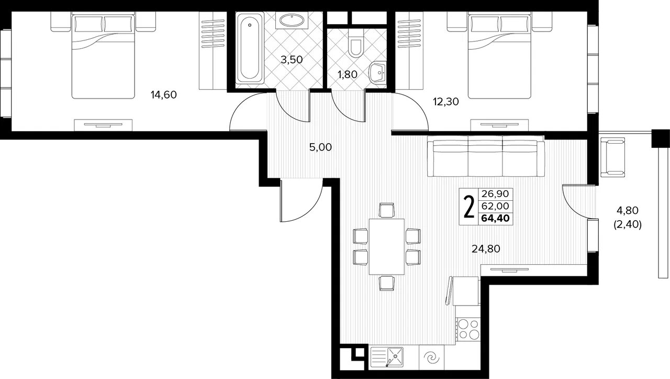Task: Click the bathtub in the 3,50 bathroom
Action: pyautogui.click(x=250, y=48)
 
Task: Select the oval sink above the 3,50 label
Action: pyautogui.click(x=292, y=20)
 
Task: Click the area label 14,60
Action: pyautogui.click(x=164, y=95)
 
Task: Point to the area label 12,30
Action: pyautogui.click(x=445, y=102)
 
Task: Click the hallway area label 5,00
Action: pyautogui.click(x=320, y=147)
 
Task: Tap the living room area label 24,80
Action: pyautogui.click(x=486, y=248)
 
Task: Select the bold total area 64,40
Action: pyautogui.click(x=495, y=218)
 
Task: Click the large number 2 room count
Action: pyautogui.click(x=468, y=207)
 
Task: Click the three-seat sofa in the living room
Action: pyautogui.click(x=486, y=156)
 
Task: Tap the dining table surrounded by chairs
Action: pyautogui.click(x=387, y=246)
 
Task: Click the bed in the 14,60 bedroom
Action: pyautogui.click(x=103, y=55)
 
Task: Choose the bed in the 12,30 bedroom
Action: pyautogui.click(x=499, y=55)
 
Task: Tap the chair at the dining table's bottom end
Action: pyautogui.click(x=386, y=283)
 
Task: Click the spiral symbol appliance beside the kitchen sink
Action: pyautogui.click(x=431, y=358)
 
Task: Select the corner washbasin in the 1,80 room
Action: pyautogui.click(x=378, y=72)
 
